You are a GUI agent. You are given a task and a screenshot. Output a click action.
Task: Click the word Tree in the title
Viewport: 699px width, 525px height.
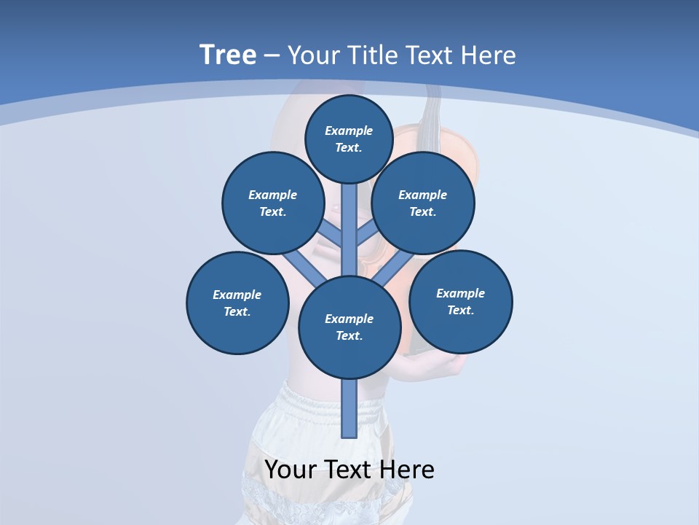point(228,55)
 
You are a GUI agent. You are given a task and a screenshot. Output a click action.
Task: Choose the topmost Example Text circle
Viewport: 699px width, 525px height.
point(349,139)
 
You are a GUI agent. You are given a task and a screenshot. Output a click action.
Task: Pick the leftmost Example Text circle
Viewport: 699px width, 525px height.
point(237,303)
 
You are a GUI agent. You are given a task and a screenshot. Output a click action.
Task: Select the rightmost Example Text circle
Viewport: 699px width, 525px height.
point(461,302)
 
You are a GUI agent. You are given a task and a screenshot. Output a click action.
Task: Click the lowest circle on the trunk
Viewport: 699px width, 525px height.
point(349,327)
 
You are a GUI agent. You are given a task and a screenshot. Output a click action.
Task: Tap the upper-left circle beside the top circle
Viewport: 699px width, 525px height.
point(273,203)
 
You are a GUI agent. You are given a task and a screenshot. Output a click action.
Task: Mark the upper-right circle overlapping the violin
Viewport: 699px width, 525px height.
point(423,203)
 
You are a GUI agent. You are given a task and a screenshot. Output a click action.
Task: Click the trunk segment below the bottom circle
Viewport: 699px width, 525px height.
point(349,408)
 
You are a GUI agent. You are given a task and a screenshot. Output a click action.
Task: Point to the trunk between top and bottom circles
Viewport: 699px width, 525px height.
point(349,230)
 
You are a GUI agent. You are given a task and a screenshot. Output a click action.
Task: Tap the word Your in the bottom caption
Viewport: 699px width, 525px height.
point(291,470)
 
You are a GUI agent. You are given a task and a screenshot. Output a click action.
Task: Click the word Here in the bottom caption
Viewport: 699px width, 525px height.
point(408,470)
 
